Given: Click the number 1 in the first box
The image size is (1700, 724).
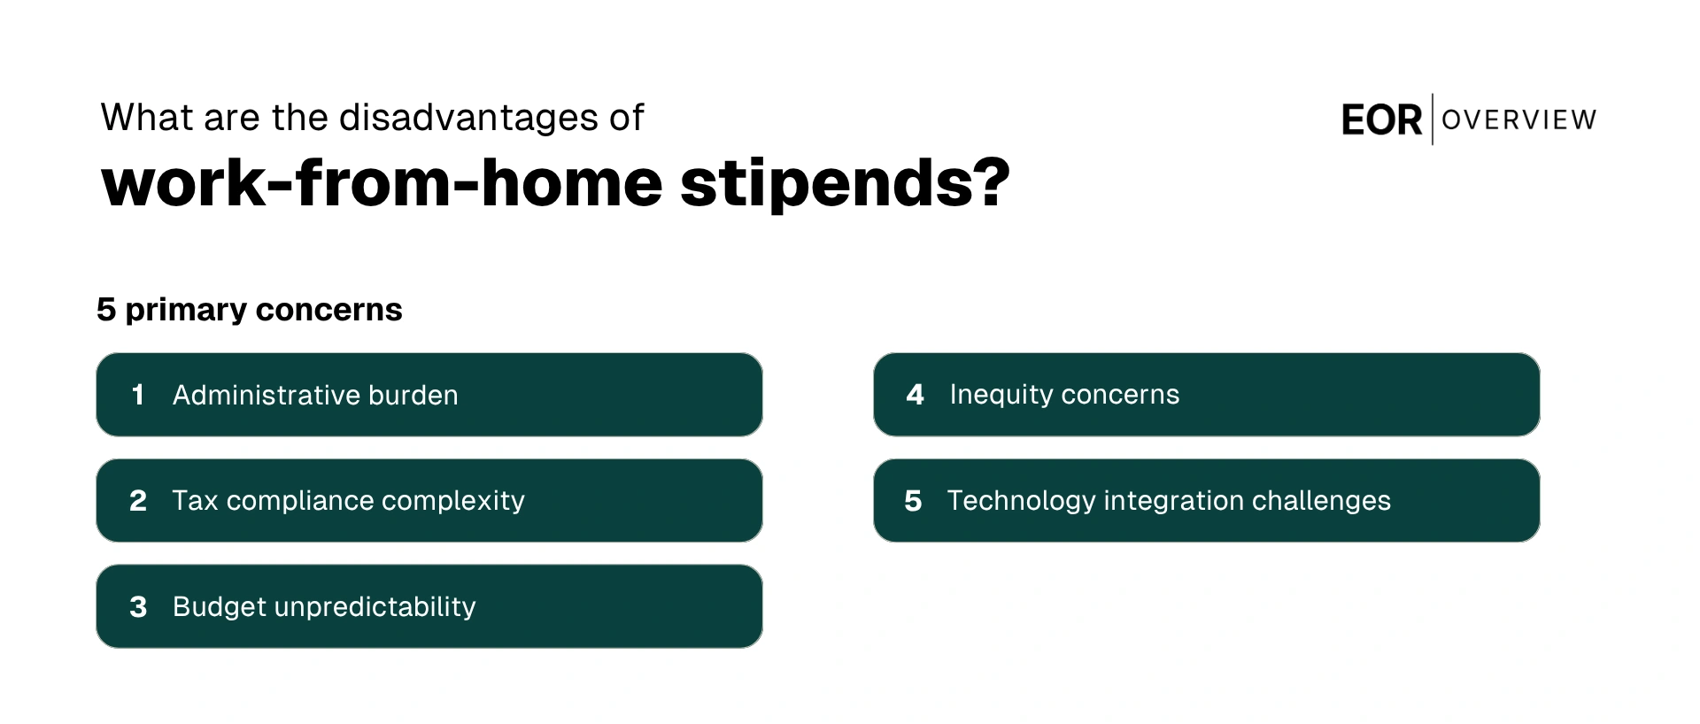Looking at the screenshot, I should coord(137,395).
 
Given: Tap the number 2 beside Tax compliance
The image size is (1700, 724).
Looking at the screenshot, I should coord(138,501).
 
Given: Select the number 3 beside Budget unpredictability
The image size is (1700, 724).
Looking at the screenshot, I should coord(138,607).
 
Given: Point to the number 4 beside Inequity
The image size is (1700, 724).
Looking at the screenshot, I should coord(915,395).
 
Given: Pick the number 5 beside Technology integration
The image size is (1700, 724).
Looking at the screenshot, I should coord(913,501).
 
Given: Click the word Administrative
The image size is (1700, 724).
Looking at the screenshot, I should coord(266,395).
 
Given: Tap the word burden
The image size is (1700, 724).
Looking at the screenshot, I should coord(413,395).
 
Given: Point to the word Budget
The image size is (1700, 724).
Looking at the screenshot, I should coord(220,607).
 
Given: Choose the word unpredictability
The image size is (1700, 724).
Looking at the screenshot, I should coord(375,607).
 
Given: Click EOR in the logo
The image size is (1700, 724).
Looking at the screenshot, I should coord(1381,120).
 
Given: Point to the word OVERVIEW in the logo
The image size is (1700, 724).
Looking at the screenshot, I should coord(1518,119).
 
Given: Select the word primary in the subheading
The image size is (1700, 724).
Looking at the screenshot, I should coord(186,310).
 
